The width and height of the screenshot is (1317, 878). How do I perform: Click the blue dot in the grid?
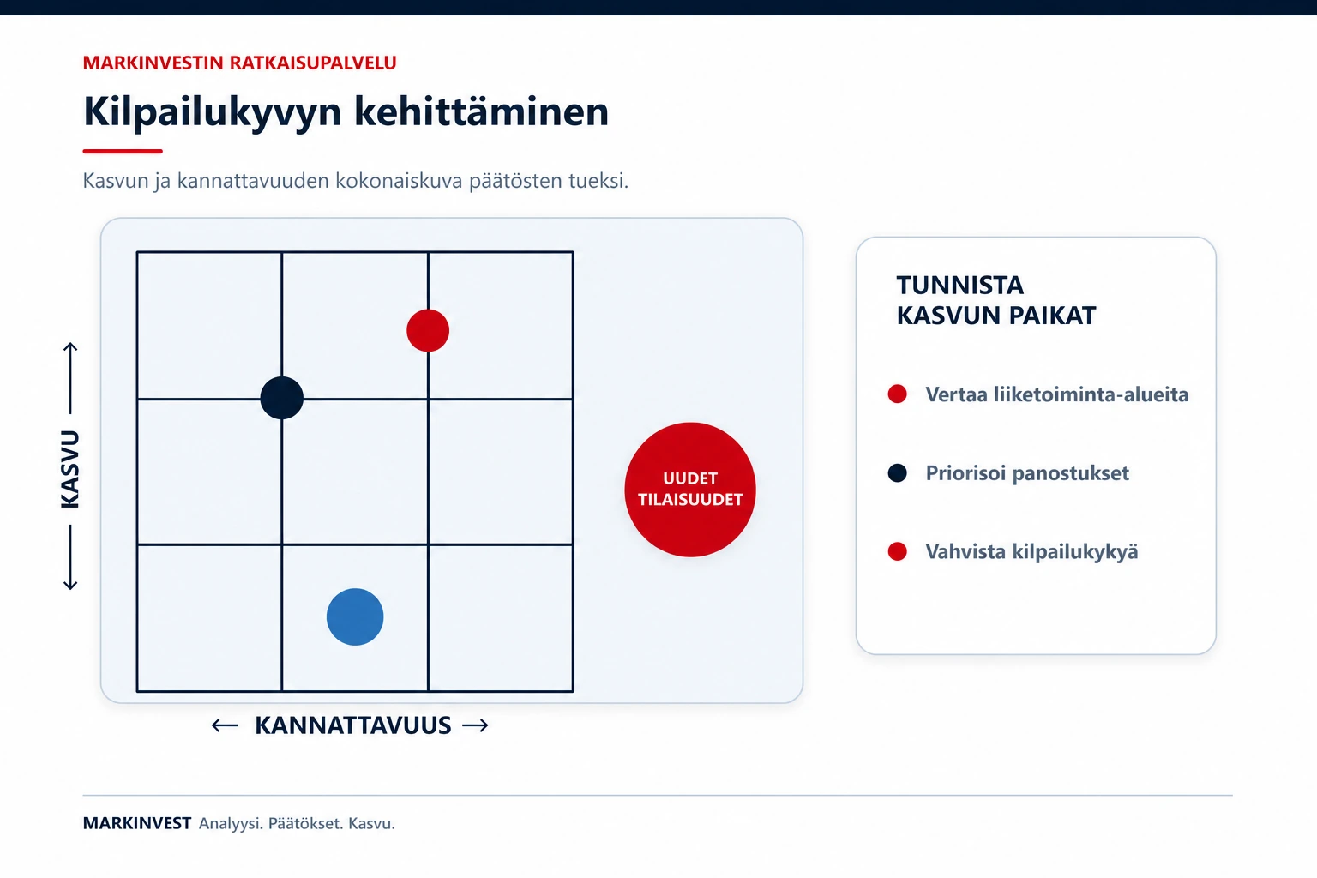point(355,616)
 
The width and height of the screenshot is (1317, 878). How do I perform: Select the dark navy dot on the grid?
point(282,398)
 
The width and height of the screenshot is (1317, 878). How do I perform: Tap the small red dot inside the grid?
point(428,330)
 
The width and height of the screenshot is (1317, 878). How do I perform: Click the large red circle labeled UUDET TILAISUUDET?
point(690,490)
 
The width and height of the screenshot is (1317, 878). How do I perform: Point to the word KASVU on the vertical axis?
point(70,469)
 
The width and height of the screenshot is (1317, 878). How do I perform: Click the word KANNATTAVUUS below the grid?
point(352,725)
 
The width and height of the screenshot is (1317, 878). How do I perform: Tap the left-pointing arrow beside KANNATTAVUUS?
point(225,725)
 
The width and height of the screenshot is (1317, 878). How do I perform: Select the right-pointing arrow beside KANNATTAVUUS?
point(475,725)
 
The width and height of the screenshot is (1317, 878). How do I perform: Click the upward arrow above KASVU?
point(70,377)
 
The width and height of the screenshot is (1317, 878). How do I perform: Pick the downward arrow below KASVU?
point(70,557)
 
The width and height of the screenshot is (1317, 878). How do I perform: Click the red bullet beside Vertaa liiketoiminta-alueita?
point(897,394)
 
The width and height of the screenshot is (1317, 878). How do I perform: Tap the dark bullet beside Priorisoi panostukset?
point(897,472)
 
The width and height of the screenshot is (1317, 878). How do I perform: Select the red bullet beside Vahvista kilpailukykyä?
point(897,551)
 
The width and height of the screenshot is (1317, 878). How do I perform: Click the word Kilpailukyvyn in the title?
point(213,111)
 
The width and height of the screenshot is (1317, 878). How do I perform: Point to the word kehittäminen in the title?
point(482,111)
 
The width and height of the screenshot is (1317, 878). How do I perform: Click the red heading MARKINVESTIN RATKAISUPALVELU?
point(240,63)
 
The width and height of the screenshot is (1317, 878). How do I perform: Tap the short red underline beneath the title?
point(123,151)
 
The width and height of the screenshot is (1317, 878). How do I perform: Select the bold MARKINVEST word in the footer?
point(137,823)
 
